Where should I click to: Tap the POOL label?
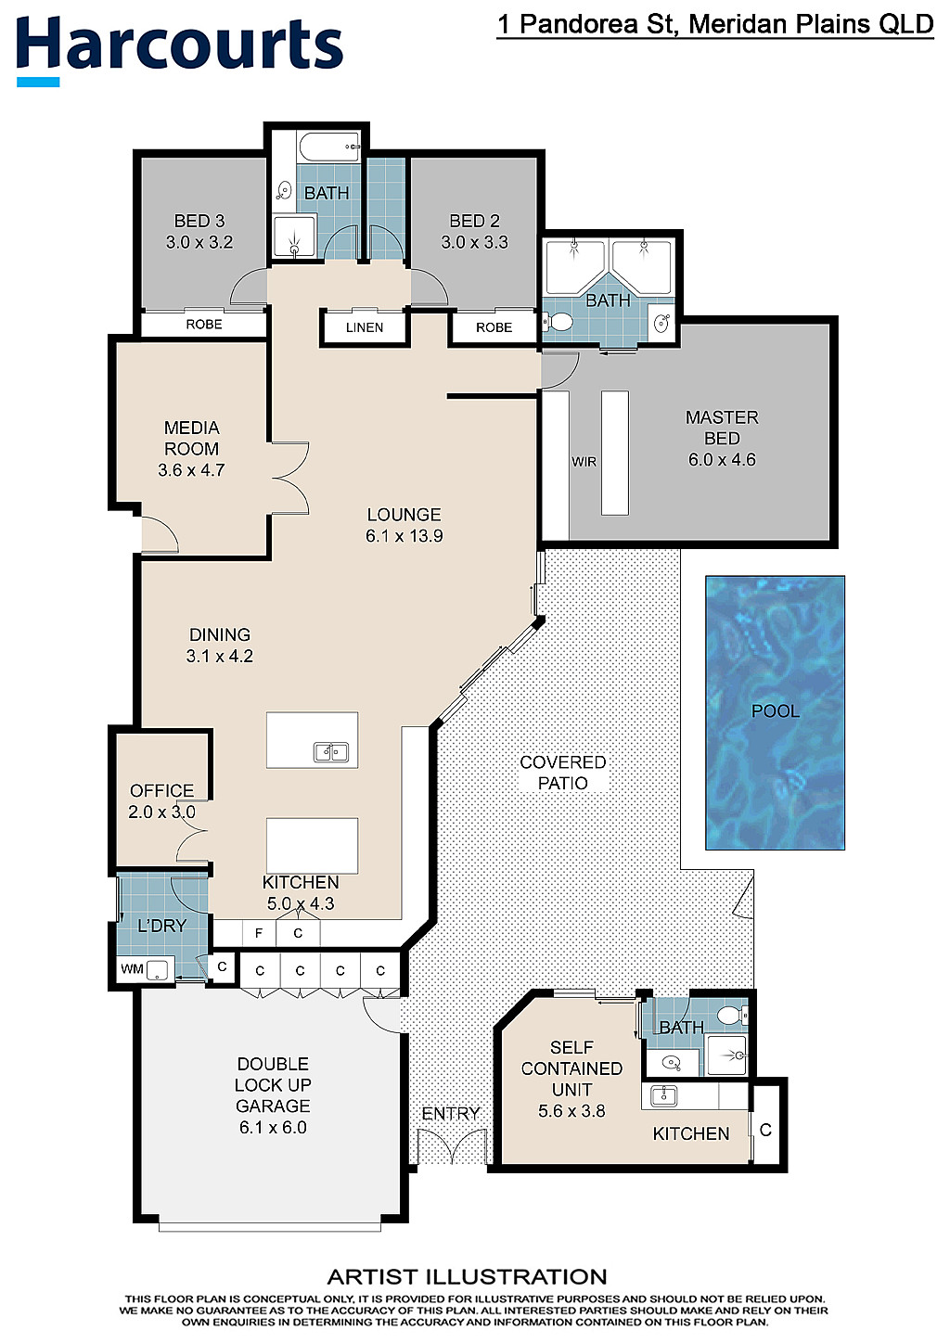[775, 711]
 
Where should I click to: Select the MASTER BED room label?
[722, 428]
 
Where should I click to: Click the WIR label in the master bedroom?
[584, 462]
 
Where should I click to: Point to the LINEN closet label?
[365, 327]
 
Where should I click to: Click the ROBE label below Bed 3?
[204, 325]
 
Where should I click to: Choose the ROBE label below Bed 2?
[494, 327]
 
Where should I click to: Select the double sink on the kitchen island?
[331, 752]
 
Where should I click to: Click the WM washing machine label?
[132, 969]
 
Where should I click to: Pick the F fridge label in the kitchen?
[259, 933]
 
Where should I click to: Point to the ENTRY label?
[451, 1114]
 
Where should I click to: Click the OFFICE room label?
[162, 790]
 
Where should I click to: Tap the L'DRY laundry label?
[162, 926]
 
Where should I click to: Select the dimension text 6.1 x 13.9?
[404, 535]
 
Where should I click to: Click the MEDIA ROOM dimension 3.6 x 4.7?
[191, 470]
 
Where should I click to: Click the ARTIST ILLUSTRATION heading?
[468, 1277]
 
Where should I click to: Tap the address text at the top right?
[715, 25]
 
